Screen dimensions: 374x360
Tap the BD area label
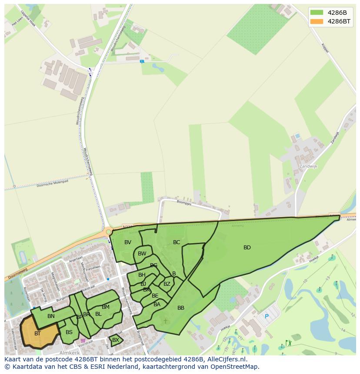coord(247,248)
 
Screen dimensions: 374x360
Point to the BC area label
coord(177,242)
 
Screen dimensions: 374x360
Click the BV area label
coord(128,242)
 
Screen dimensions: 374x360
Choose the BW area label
coord(142,254)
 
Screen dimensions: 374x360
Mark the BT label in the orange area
coord(38,334)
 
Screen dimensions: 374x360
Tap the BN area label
coord(51,316)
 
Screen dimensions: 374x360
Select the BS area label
coord(69,332)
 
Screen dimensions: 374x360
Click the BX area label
coord(116,340)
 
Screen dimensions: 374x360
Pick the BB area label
coord(181,308)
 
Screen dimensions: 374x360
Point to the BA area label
coord(157,304)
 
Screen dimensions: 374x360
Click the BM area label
coord(106,307)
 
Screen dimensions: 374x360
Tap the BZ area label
coord(167,284)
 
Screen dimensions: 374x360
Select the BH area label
coord(142,275)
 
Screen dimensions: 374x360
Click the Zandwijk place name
coord(309,166)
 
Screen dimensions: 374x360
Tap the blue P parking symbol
coord(267,317)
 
